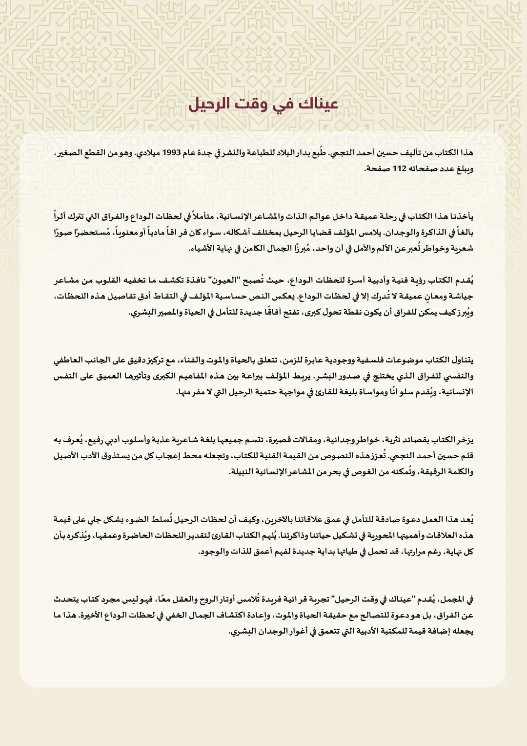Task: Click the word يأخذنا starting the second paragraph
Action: click(460, 216)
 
